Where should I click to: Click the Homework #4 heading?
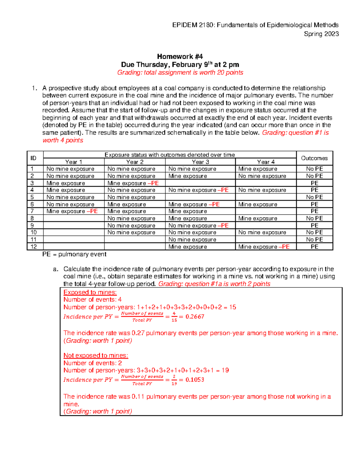[x=180, y=56]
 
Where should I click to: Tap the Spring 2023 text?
[x=321, y=34]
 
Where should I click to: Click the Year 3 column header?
[x=200, y=162]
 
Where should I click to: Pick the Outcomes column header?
[x=314, y=158]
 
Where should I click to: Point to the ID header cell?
[x=33, y=158]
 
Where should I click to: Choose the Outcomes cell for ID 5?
[x=314, y=197]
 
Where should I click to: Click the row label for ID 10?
[x=34, y=233]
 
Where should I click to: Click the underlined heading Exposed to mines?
[x=90, y=292]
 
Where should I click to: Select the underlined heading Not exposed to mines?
[x=96, y=356]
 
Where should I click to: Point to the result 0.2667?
[x=195, y=317]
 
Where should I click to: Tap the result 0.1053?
[x=195, y=380]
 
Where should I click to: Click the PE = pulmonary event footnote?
[x=74, y=254]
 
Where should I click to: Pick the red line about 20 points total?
[x=180, y=73]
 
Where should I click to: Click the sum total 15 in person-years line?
[x=232, y=307]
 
